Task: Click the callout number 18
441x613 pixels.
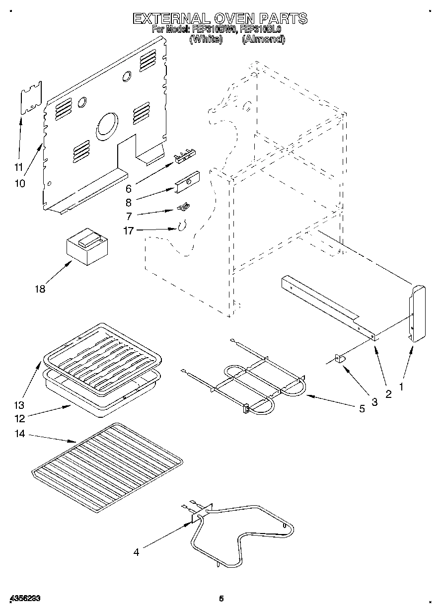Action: [40, 289]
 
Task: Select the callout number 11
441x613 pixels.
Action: [19, 167]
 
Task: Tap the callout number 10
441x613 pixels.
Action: [19, 183]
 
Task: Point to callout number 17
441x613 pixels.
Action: [128, 230]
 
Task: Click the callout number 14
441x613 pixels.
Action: [20, 434]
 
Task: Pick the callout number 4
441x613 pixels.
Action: [136, 551]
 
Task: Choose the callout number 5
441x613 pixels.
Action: [362, 409]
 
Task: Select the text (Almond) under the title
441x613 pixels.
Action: [263, 39]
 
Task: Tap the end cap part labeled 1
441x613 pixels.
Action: [417, 313]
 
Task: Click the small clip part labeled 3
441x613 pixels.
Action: [342, 359]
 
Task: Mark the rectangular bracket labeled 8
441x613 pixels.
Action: [187, 181]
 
